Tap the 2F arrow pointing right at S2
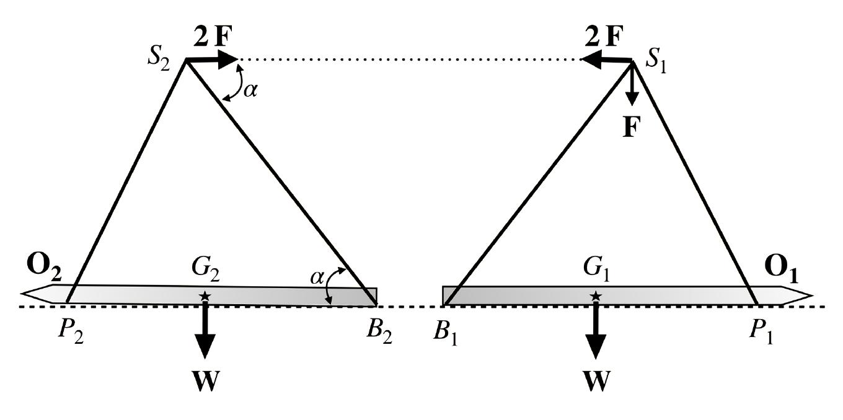point(212,59)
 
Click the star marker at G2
point(205,297)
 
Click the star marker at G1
point(595,297)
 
